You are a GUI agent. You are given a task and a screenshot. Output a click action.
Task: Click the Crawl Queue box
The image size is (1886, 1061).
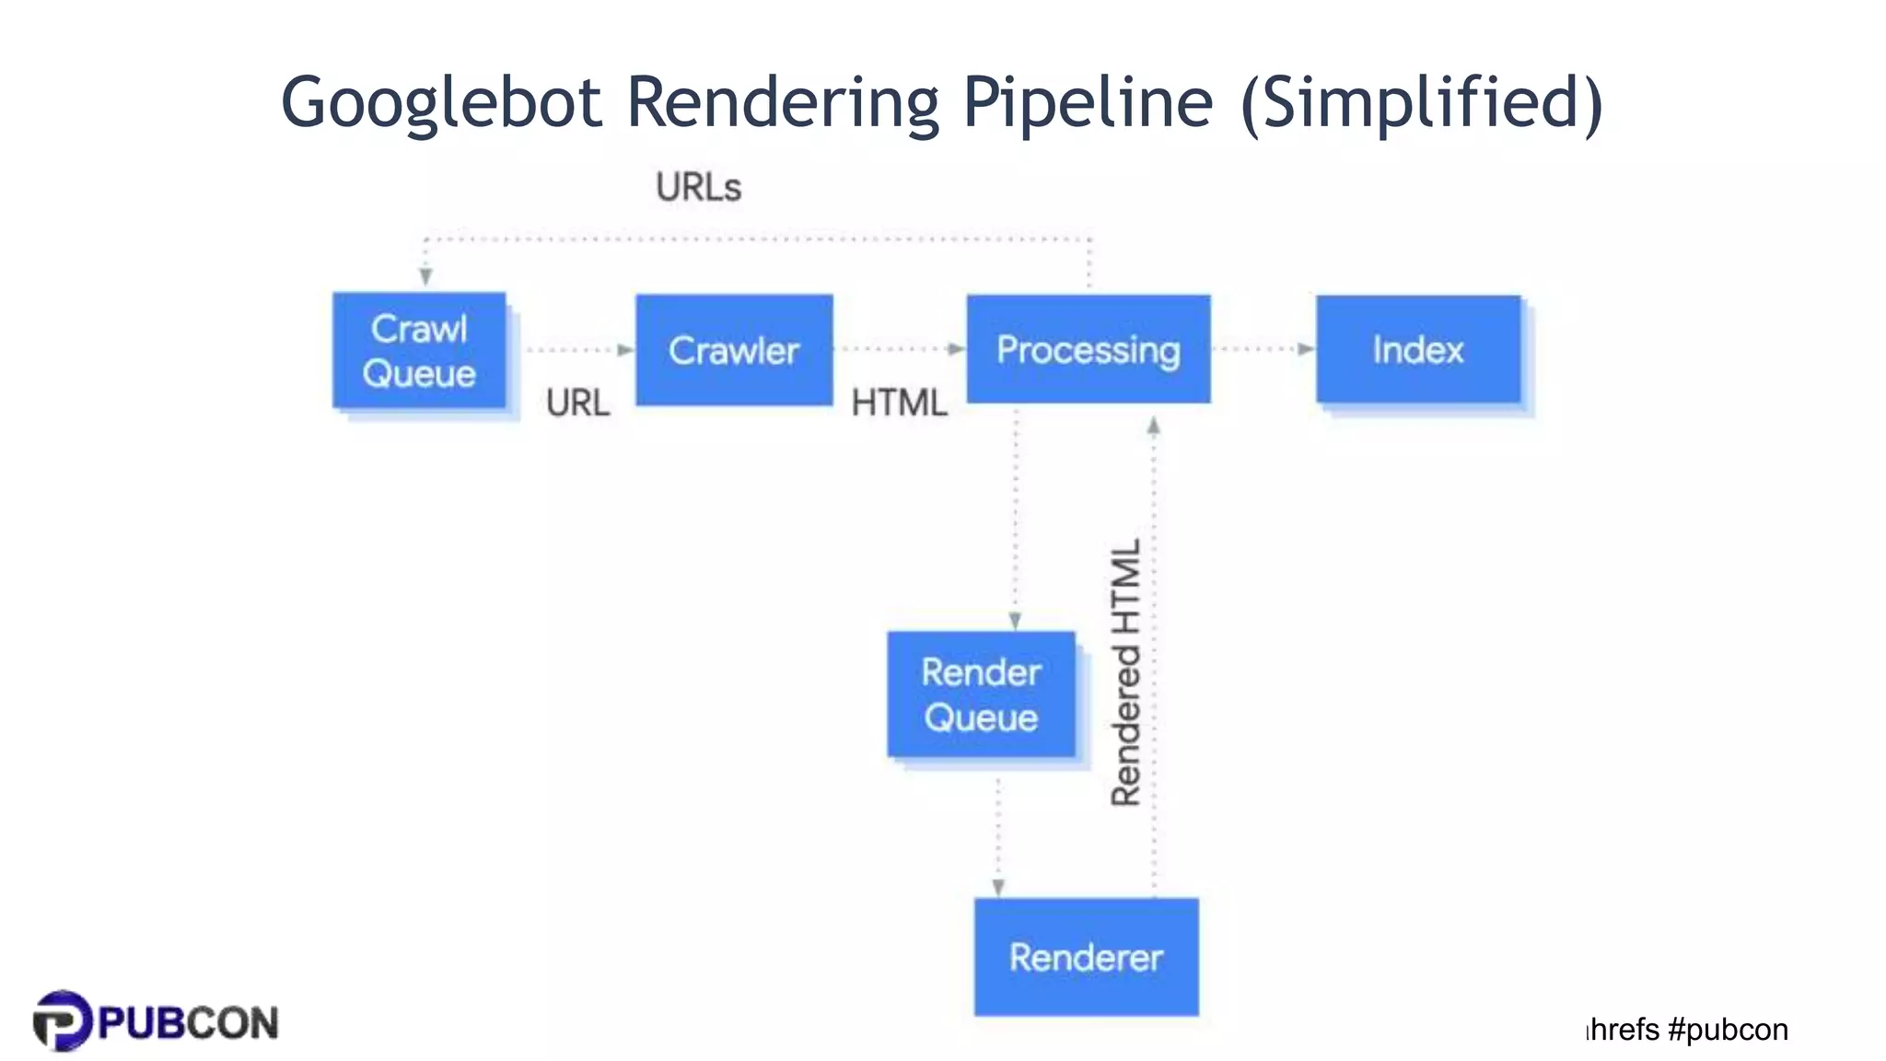419,351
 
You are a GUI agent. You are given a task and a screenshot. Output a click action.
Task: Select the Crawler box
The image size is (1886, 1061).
734,350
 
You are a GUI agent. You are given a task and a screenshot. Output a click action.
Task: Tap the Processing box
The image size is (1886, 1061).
1088,349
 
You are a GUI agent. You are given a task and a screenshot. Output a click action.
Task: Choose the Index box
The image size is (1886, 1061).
1418,349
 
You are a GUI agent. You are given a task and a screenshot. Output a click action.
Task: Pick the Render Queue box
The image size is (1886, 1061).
981,694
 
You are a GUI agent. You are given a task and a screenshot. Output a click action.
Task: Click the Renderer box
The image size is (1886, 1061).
1086,957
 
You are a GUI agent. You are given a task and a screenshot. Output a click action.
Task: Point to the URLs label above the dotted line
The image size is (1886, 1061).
698,187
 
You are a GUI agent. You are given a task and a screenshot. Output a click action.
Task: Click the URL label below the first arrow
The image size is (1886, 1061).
577,402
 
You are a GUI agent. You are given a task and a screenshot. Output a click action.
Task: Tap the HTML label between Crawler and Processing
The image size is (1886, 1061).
899,402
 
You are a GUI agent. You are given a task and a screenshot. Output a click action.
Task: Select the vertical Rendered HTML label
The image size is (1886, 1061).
1125,672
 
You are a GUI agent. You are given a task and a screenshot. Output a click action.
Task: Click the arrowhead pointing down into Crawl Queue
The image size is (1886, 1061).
425,276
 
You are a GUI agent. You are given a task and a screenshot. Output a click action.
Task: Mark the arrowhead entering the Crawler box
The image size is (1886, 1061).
626,350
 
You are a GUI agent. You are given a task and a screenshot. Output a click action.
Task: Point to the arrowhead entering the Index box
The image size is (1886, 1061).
1306,349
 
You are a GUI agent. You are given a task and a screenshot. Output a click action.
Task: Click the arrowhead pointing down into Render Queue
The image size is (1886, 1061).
1015,621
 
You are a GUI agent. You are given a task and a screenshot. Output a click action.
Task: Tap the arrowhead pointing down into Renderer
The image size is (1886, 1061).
998,888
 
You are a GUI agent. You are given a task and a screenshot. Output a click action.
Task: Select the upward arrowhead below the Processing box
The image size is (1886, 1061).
1153,426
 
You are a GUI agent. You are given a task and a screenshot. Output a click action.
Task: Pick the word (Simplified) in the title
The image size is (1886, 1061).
1422,103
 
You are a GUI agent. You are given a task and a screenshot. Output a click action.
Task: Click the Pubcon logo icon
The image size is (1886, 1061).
63,1020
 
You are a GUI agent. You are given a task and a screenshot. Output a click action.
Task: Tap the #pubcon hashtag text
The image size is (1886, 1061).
1728,1029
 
